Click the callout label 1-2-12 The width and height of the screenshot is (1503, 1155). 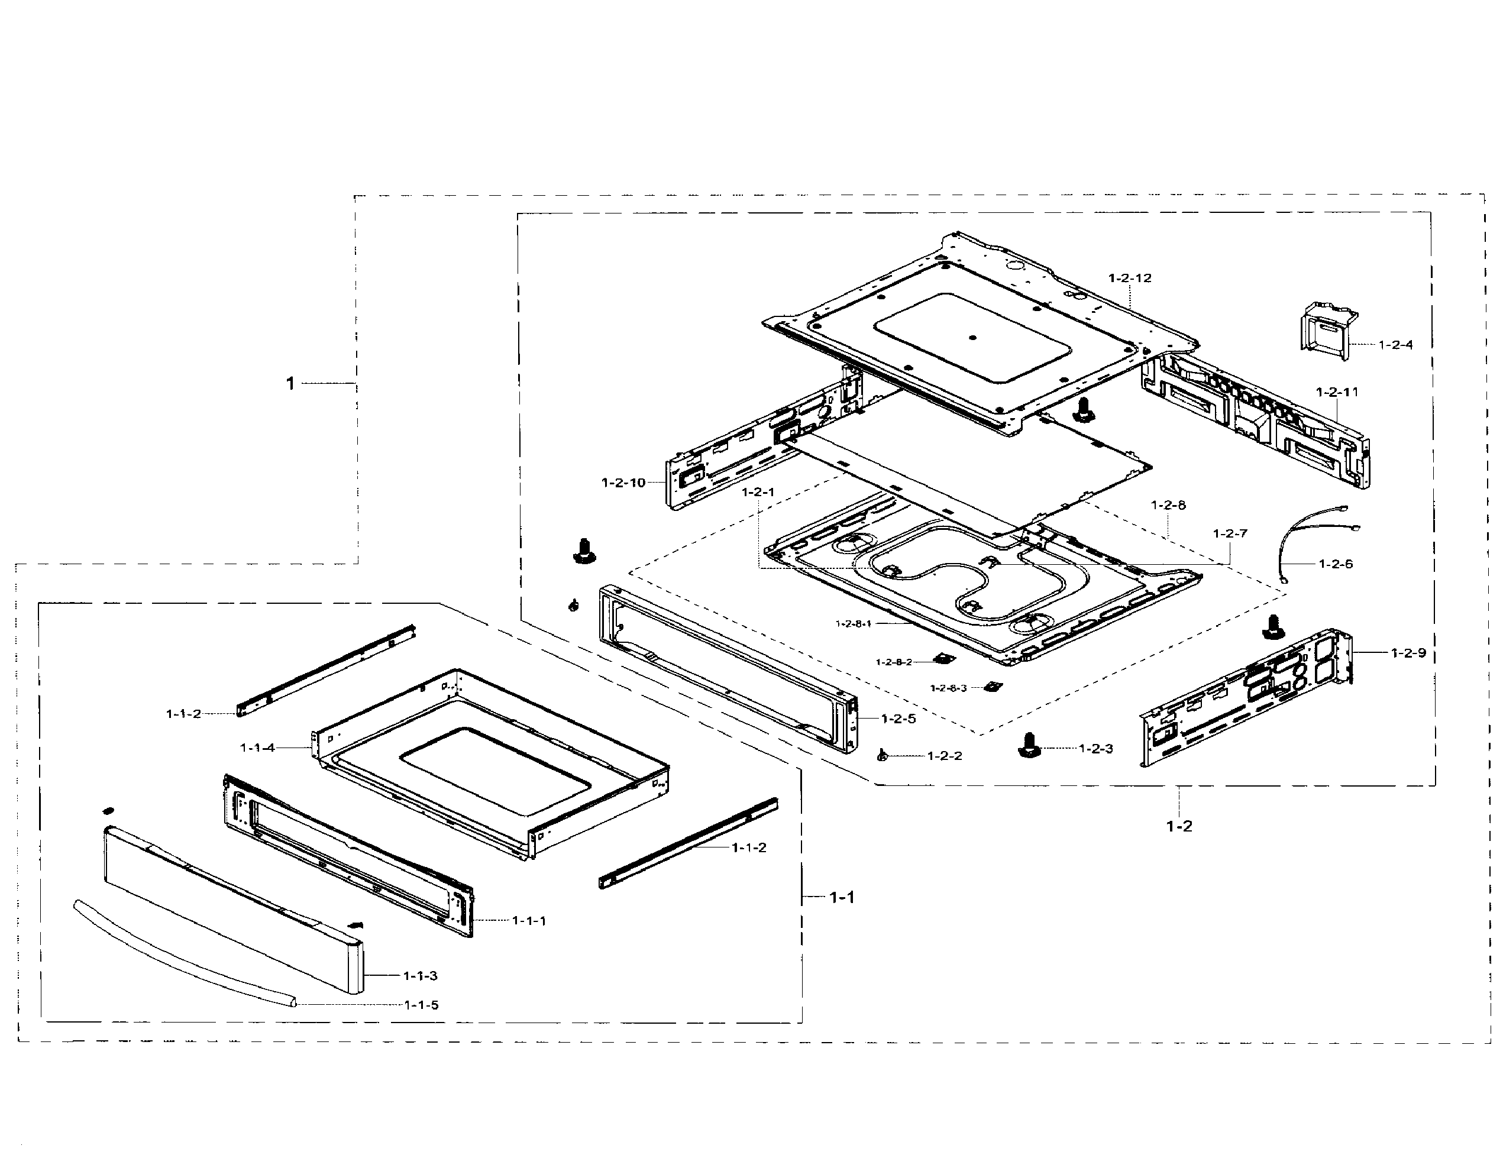coord(1129,278)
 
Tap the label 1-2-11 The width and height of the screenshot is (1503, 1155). coord(1337,392)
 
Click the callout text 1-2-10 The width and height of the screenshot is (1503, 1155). coord(623,483)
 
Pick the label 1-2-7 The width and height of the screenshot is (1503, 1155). coord(1229,533)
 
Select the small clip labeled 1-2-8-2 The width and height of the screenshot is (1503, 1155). coord(944,659)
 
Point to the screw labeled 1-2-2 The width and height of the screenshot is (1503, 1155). coord(881,756)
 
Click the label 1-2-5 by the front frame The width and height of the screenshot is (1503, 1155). coord(898,719)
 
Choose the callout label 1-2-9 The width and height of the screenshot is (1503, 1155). coord(1408,653)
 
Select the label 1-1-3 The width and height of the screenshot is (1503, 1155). coord(419,976)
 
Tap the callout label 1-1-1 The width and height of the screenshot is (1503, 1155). coord(528,921)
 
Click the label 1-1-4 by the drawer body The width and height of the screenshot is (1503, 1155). coord(257,748)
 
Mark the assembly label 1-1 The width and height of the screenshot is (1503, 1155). coord(842,897)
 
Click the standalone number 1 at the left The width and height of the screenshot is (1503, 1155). coord(290,384)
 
